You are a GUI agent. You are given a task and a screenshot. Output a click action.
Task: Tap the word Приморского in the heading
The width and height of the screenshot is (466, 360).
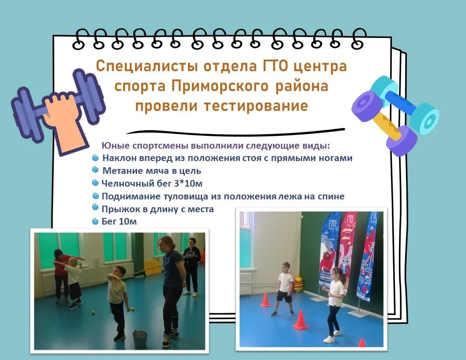click(x=220, y=86)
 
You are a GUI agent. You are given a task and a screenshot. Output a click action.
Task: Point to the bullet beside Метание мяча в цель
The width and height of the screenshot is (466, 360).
click(x=95, y=170)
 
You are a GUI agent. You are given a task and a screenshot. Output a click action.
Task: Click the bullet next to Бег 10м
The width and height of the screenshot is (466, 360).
click(x=95, y=221)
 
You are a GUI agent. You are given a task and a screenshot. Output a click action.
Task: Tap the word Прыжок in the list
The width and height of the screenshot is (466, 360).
click(x=121, y=209)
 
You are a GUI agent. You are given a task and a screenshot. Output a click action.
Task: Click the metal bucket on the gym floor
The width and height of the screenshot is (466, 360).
click(x=140, y=339)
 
